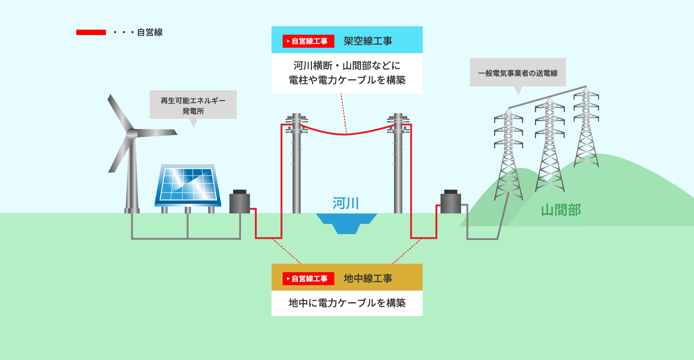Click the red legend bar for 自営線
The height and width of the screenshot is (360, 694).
[91, 32]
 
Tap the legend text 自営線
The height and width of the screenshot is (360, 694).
[150, 32]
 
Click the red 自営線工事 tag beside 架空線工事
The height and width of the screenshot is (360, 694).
[308, 41]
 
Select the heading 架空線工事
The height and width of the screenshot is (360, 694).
[368, 41]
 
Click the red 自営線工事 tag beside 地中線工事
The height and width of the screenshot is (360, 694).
[308, 279]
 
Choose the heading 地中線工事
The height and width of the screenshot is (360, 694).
[368, 279]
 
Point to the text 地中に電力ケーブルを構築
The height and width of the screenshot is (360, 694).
[347, 303]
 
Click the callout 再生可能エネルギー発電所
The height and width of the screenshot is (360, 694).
[193, 105]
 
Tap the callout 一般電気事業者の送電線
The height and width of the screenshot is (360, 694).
[518, 73]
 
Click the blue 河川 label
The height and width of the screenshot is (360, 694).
[346, 203]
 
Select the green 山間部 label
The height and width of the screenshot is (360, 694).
[561, 210]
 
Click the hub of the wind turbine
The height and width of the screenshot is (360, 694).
[132, 134]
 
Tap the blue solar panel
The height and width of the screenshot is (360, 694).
[188, 184]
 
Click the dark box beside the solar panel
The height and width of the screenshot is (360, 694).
[240, 202]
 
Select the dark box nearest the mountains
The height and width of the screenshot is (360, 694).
[450, 202]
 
